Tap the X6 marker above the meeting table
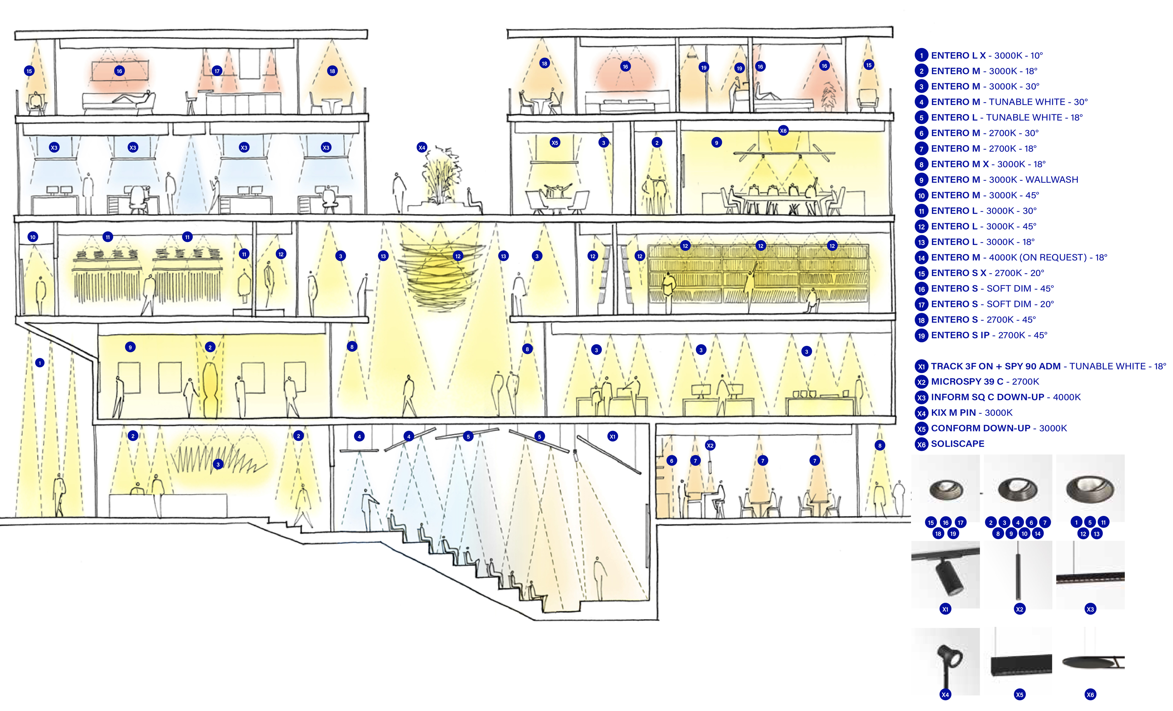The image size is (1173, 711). pos(783,131)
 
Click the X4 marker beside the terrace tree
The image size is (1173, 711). pos(421,148)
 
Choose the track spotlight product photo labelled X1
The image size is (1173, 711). pos(945,574)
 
